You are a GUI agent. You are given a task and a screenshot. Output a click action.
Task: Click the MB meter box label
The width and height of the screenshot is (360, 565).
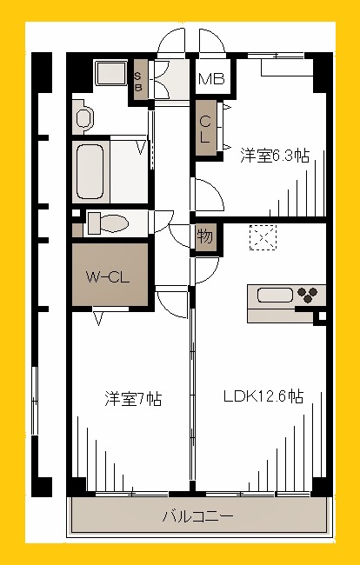211,79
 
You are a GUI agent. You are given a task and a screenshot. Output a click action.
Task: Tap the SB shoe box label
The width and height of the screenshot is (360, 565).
138,82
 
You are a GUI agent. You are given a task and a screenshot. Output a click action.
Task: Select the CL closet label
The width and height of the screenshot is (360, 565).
205,130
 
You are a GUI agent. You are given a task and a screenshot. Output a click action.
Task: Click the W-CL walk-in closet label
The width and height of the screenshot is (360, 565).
107,277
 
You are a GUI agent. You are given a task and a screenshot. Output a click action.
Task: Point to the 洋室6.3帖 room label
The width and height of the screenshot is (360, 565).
275,156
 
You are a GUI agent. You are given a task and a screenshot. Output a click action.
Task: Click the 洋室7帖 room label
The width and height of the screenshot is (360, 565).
133,399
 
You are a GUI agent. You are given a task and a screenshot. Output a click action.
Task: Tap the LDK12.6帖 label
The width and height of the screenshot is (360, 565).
263,396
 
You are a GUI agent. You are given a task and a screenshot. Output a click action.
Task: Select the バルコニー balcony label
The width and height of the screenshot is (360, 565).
197,516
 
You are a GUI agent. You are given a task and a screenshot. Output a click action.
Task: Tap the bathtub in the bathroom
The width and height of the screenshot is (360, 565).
90,172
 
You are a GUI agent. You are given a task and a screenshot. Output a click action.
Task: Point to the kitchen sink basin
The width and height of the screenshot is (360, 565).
275,296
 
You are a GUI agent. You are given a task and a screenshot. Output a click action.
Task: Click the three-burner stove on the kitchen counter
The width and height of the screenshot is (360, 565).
309,295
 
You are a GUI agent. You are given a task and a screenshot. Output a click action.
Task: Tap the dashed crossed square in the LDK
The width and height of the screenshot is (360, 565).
263,237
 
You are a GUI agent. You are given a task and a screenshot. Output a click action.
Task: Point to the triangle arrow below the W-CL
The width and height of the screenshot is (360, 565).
98,319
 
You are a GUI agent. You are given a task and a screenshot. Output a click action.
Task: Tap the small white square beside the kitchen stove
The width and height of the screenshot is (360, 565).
322,316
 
